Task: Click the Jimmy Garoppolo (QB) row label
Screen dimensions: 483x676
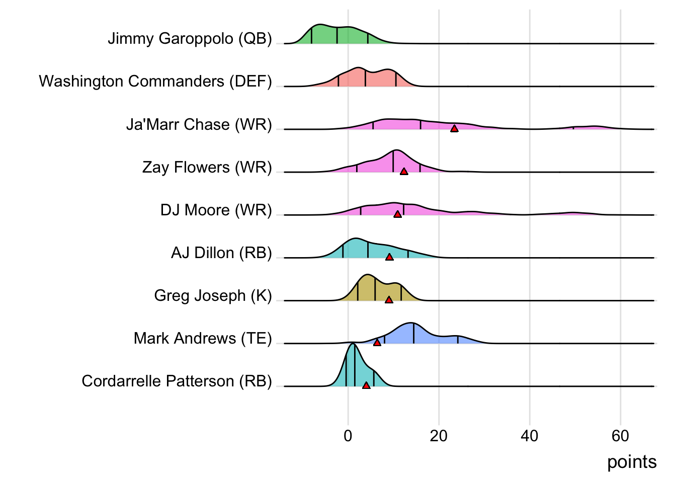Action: (x=190, y=39)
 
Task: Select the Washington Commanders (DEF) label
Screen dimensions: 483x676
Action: (x=155, y=82)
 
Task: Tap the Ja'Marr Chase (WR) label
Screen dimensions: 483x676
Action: (x=199, y=124)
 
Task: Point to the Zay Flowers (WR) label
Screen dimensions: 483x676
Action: (x=207, y=167)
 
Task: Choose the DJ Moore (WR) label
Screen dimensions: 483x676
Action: (x=216, y=210)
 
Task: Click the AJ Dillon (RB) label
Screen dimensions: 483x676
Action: (x=221, y=253)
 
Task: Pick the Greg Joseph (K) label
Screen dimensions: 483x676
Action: (x=213, y=295)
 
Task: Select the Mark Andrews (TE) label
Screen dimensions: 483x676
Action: (x=203, y=338)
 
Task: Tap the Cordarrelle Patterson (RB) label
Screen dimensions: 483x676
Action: (x=177, y=381)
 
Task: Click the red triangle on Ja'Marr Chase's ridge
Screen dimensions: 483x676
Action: (x=454, y=129)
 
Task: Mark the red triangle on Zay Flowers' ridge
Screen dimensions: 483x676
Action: (x=404, y=172)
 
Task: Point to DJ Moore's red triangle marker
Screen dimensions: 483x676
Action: (x=397, y=214)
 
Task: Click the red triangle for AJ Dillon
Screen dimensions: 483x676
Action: (x=389, y=257)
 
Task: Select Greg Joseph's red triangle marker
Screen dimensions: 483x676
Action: (x=389, y=300)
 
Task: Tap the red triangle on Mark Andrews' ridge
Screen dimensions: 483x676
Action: (x=377, y=343)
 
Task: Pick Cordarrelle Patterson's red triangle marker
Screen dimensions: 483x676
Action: (x=366, y=385)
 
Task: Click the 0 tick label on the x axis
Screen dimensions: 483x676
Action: (x=348, y=436)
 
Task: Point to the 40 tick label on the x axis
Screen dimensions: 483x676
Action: (x=530, y=436)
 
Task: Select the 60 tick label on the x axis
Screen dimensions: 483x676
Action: (x=621, y=436)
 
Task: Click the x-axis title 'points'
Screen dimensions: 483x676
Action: (x=632, y=462)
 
